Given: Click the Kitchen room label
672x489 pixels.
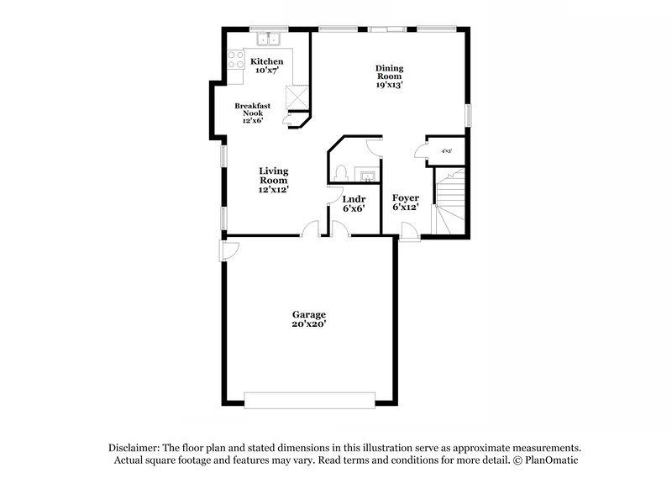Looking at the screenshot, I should pos(267,62).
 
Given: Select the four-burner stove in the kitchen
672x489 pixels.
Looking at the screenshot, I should pos(234,59).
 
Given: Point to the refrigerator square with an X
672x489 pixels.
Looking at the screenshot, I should pos(296,97).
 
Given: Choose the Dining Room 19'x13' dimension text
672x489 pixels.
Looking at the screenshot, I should pos(390,84).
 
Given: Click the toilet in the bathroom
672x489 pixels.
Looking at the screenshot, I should pos(340,172).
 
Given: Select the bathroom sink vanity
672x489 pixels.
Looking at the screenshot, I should pos(367,176).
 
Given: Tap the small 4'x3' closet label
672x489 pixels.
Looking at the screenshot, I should pos(447,151).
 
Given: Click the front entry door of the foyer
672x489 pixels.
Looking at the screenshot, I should pos(410,232).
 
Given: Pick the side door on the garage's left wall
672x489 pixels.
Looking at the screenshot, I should pos(228,250).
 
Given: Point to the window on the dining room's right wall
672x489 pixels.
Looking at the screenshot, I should pos(468,115).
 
